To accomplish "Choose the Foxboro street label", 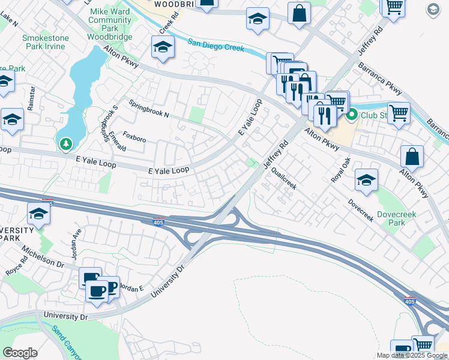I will click(134, 139).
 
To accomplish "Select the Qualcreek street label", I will click(284, 178).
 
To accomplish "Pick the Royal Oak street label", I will click(340, 170).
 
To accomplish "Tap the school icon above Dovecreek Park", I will click(366, 179).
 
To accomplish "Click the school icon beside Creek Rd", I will click(163, 47).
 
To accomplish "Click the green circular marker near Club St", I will click(351, 113).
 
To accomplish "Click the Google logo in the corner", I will click(20, 353).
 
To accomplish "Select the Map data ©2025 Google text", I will click(412, 355).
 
